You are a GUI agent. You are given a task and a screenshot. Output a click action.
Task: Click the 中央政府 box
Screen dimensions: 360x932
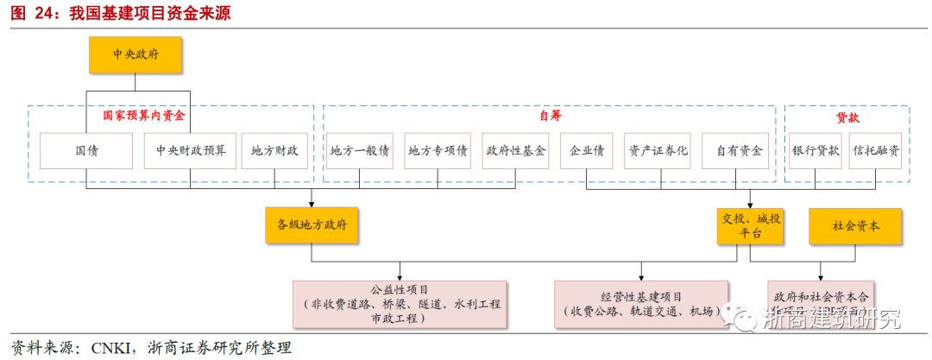135,54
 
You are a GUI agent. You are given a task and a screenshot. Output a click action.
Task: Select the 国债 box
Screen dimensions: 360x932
86,150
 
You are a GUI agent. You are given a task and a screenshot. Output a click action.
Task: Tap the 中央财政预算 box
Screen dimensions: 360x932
191,150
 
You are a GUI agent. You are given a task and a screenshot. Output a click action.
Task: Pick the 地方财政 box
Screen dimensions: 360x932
274,150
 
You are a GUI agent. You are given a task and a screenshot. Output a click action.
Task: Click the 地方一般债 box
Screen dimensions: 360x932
360,150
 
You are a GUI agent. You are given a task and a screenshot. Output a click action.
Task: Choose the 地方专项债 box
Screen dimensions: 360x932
438,150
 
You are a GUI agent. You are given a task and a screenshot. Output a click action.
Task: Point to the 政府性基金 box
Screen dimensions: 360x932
516,150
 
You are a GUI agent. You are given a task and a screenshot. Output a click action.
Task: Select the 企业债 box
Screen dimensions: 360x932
587,150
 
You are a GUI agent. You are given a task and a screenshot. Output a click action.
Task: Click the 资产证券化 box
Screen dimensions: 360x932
658,150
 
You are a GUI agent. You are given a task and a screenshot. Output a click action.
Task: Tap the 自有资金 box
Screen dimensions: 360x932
740,150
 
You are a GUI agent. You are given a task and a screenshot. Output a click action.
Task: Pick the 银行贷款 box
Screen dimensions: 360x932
815,150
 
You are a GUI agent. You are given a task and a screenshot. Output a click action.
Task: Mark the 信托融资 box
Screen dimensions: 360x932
876,150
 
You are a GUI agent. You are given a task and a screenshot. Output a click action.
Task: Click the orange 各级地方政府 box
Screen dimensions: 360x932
312,224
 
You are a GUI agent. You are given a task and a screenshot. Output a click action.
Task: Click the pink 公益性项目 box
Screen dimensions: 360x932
400,304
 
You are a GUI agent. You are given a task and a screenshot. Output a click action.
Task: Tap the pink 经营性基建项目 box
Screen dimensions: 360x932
641,304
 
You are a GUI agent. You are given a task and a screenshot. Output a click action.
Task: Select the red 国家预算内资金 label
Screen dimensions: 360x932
145,115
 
